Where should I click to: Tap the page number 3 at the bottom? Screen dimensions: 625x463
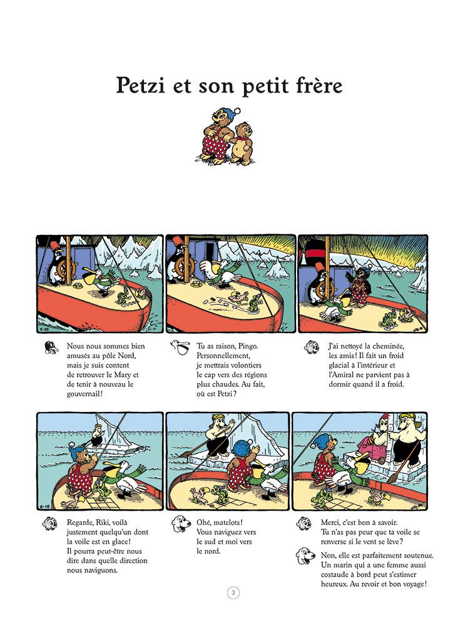pos(232,593)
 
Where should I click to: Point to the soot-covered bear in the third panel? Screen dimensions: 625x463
pos(360,286)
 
